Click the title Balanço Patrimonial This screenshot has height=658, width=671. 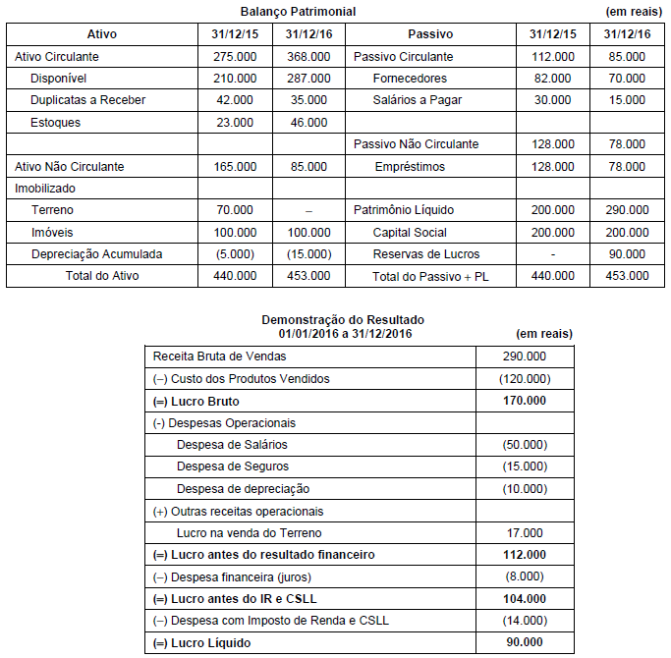[x=298, y=12]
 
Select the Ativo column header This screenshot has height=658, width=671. [x=101, y=34]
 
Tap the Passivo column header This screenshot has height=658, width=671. [x=431, y=34]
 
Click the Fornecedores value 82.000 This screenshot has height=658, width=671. [x=552, y=79]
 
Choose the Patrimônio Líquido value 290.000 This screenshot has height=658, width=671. [x=627, y=210]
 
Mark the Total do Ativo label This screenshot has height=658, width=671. [x=102, y=276]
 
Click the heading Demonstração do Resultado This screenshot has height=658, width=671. [x=343, y=320]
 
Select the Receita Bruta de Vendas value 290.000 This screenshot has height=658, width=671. [x=524, y=356]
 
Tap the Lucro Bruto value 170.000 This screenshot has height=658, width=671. [x=524, y=401]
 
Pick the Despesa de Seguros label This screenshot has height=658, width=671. [x=233, y=466]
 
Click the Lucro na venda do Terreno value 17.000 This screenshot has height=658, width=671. [x=524, y=533]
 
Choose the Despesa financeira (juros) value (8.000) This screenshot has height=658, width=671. [x=524, y=576]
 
